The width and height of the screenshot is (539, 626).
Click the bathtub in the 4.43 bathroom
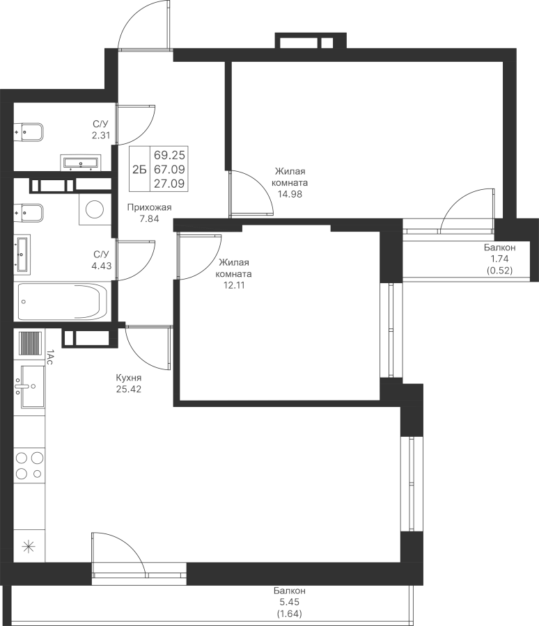pos(62,302)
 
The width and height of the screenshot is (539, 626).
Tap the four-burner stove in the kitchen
pos(29,465)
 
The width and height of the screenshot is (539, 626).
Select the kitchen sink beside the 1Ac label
pos(32,386)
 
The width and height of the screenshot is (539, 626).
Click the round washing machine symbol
pos(93,208)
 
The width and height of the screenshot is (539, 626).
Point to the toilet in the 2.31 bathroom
pos(29,131)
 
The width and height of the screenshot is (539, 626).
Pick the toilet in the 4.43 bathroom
pos(29,211)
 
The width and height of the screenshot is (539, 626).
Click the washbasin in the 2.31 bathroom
pos(82,162)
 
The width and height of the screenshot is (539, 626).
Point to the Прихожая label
pos(149,207)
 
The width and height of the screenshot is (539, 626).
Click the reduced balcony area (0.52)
pos(500,271)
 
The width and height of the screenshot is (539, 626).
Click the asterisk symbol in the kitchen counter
pos(29,546)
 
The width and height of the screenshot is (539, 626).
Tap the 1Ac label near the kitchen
pos(49,358)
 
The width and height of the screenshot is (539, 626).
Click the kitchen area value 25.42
pos(130,389)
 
